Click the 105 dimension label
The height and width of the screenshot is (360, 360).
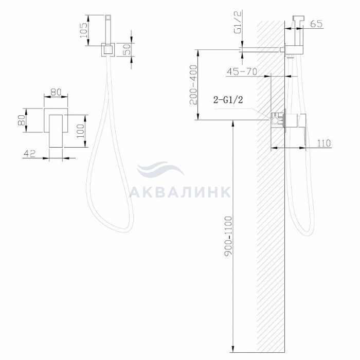tap(83, 30)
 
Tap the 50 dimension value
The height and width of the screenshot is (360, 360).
tap(127, 49)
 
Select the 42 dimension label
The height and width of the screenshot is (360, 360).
tap(30, 153)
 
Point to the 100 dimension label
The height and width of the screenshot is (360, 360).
tap(81, 131)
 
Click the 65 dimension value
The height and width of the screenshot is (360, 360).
tap(316, 24)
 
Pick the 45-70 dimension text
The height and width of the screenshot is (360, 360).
tap(242, 72)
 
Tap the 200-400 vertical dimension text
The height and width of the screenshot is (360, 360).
tap(193, 85)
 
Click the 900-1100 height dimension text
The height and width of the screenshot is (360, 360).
tap(228, 236)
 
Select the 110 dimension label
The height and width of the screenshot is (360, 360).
tap(324, 143)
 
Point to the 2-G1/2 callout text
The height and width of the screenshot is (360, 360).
tap(228, 100)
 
